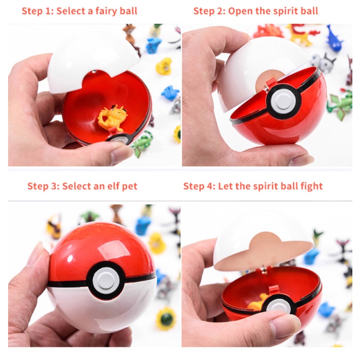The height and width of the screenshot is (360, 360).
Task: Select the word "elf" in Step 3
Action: [x=107, y=186]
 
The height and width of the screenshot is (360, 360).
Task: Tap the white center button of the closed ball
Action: [x=106, y=279]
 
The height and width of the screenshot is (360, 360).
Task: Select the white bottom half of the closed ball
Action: [x=99, y=310]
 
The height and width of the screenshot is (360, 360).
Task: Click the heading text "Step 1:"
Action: [x=38, y=11]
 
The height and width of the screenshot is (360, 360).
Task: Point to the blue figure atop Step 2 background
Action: [x=334, y=39]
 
